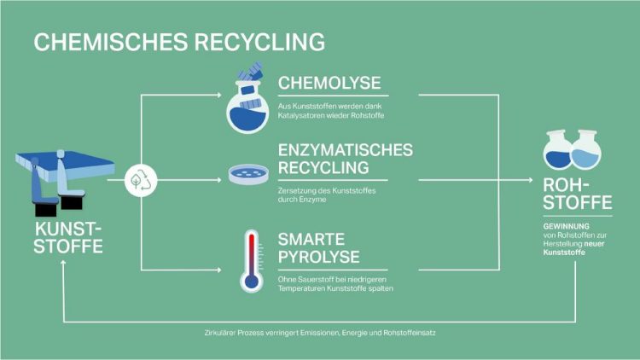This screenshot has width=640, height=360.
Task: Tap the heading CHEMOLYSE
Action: [329, 83]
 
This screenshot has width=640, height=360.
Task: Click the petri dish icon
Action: [248, 174]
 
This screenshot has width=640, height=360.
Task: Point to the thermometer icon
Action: [252, 261]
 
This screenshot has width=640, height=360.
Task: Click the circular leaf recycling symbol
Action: [141, 180]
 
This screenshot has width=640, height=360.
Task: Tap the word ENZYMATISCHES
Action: [346, 150]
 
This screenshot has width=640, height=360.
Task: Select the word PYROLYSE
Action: [319, 257]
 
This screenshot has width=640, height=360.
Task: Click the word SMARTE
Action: [311, 239]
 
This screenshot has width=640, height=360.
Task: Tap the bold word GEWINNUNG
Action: [566, 226]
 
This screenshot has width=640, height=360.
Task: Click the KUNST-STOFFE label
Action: [68, 238]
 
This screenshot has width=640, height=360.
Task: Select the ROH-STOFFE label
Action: [578, 194]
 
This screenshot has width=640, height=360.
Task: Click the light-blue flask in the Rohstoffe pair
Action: [586, 149]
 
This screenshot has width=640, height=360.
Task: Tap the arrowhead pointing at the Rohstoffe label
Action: [530, 180]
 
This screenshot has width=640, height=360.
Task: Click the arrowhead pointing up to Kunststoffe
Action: [63, 264]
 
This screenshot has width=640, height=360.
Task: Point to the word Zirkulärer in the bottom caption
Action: [219, 333]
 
